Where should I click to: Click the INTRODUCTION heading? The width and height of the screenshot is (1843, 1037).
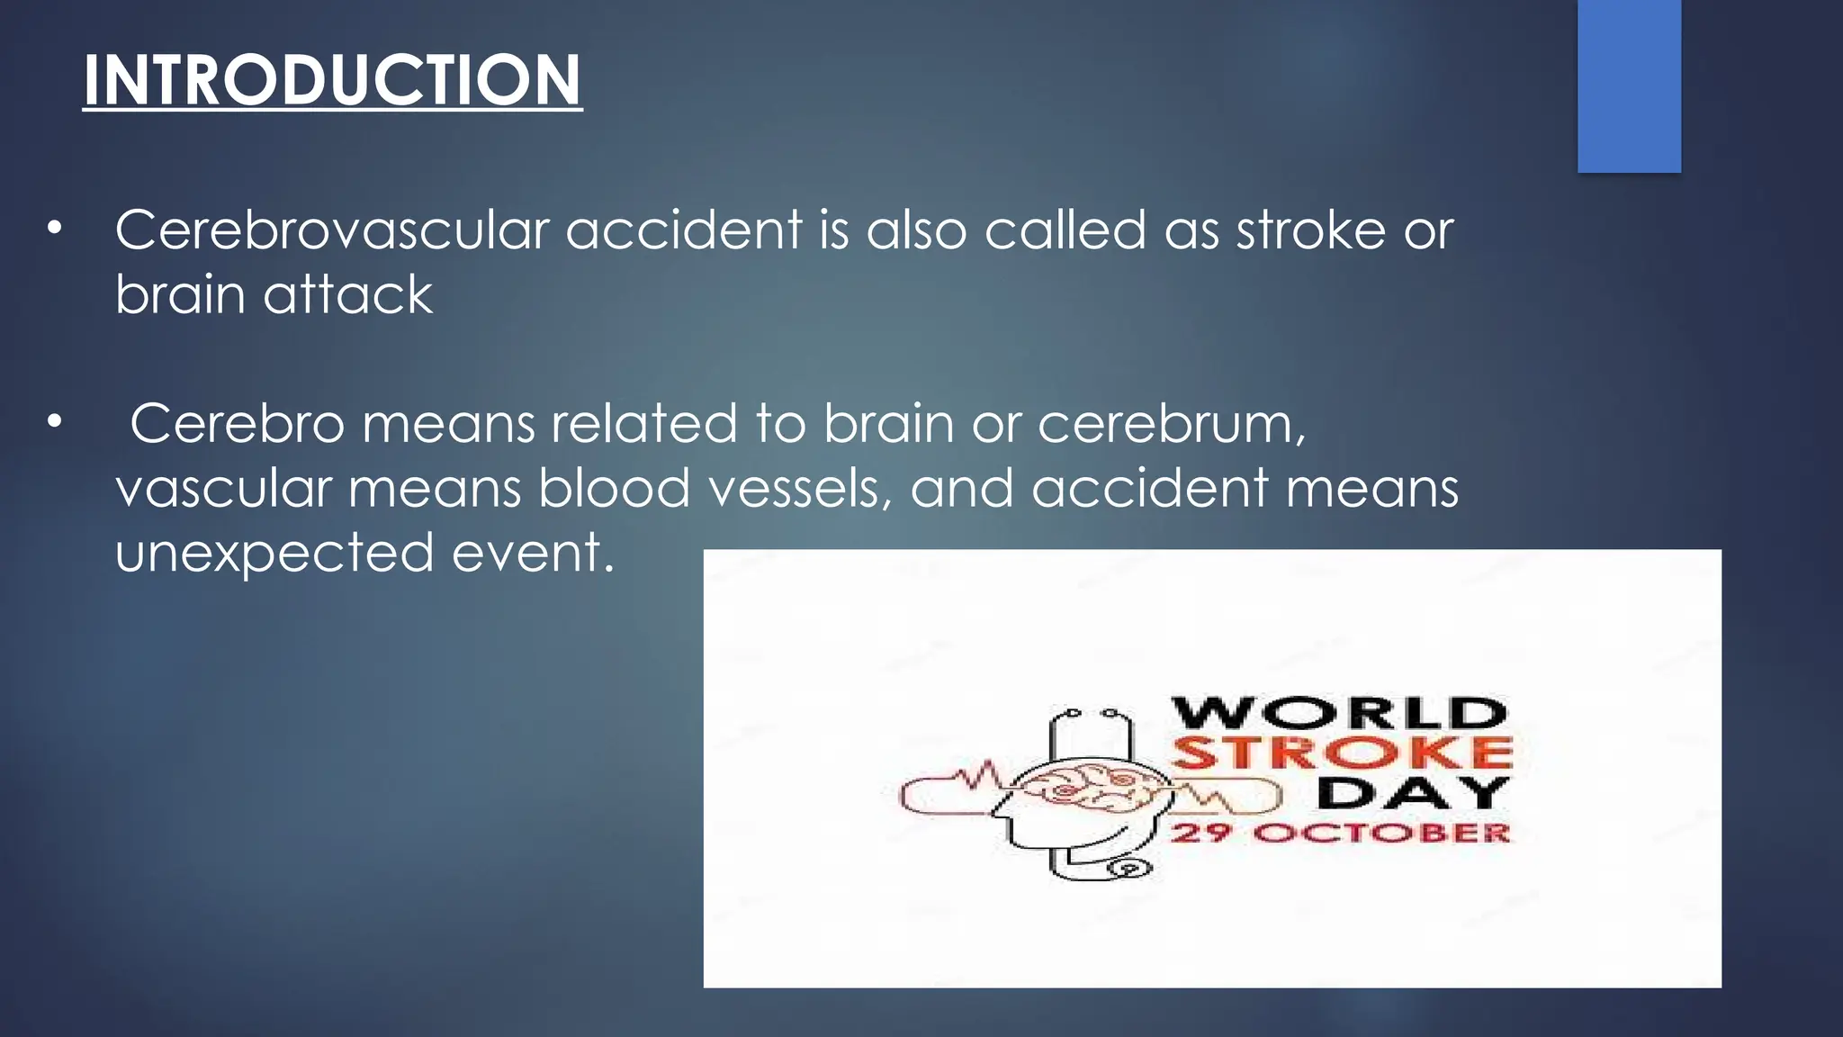click(x=332, y=80)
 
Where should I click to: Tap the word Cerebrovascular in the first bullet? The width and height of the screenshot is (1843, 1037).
click(x=331, y=230)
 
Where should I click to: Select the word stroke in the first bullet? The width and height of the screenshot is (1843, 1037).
click(x=1310, y=230)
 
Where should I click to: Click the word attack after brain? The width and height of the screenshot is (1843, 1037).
click(x=348, y=294)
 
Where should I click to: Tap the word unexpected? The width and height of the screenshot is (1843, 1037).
click(x=274, y=552)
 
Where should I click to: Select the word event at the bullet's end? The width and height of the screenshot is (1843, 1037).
click(x=532, y=552)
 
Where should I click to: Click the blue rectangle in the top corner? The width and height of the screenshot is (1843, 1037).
click(x=1629, y=86)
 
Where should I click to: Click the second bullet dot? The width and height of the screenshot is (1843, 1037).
click(x=56, y=421)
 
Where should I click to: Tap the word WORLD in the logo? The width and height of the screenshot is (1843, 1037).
click(x=1339, y=713)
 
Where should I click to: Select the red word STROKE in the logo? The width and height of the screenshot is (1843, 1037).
click(x=1342, y=753)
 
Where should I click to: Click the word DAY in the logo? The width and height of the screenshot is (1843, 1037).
click(x=1413, y=793)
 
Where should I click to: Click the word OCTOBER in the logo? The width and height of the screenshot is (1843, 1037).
click(x=1381, y=832)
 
